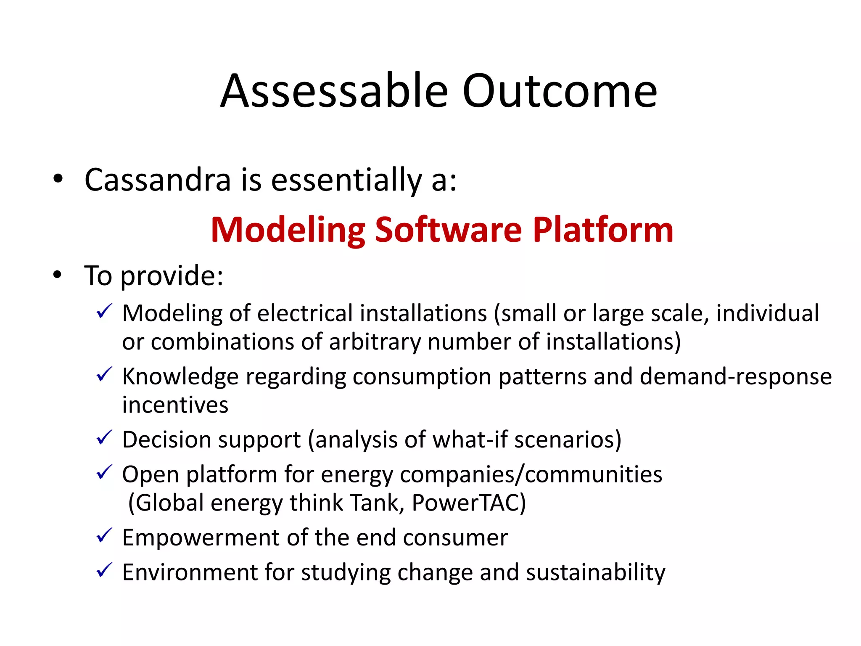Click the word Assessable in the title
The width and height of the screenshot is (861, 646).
(334, 91)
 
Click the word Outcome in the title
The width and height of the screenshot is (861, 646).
(560, 91)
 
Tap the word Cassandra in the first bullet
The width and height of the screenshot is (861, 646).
(158, 180)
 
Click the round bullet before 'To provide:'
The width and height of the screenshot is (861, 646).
(58, 275)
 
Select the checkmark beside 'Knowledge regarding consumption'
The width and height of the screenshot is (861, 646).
(104, 374)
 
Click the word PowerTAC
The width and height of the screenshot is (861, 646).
(468, 503)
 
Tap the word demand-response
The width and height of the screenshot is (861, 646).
(735, 376)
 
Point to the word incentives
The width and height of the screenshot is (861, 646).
(175, 405)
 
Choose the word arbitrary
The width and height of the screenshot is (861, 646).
(375, 342)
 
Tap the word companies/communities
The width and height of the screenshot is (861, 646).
(531, 474)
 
